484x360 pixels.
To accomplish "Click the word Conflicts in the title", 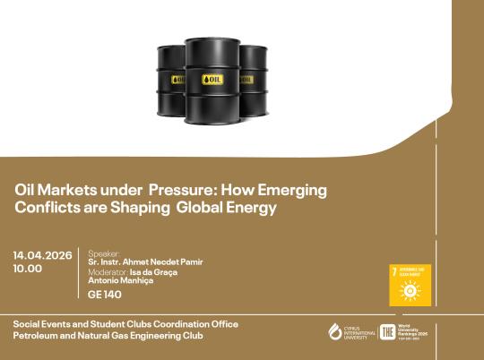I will coord(43,207).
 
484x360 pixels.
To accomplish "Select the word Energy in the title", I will coord(255,207).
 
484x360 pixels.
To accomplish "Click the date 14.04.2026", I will coord(43,254).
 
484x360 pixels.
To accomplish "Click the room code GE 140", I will coord(105,294).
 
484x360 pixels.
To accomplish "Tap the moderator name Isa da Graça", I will coord(152,271).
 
